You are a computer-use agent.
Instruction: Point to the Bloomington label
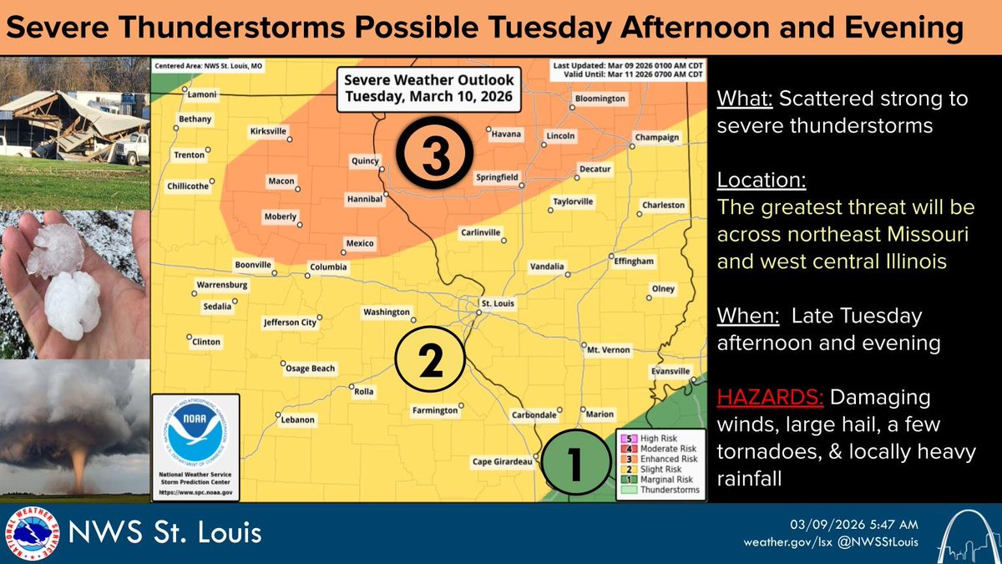click(x=600, y=99)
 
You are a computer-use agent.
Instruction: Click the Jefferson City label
click(x=290, y=321)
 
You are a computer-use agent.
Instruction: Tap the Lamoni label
click(x=201, y=95)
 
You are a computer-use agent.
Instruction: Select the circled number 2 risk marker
click(x=429, y=360)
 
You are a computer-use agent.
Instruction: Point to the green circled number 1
click(x=576, y=462)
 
